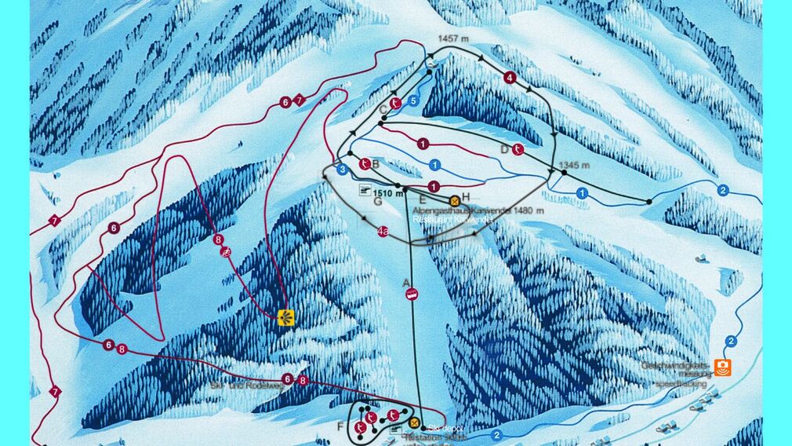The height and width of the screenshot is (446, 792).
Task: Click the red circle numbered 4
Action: tap(510, 77)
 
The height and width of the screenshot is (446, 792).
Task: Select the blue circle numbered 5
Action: tap(412, 101)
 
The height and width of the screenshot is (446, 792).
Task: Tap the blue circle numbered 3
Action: tap(342, 169)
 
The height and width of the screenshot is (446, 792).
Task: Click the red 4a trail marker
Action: tap(383, 231)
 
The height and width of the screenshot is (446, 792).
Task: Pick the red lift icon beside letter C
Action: tap(397, 102)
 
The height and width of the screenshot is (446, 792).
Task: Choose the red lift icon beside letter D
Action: tap(518, 149)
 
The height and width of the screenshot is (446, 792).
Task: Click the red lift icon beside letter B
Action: tap(365, 163)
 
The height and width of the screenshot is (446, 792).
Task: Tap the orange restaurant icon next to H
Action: tap(454, 200)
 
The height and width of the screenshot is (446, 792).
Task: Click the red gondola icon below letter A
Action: tap(411, 294)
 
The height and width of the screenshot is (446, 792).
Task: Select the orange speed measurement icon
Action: tap(722, 367)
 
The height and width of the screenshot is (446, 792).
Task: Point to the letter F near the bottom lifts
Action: tap(340, 426)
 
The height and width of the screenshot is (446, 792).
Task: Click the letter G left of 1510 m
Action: tap(377, 201)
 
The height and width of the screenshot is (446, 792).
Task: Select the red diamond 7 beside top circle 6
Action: tap(299, 101)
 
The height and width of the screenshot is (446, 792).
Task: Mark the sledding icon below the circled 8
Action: tap(226, 252)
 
